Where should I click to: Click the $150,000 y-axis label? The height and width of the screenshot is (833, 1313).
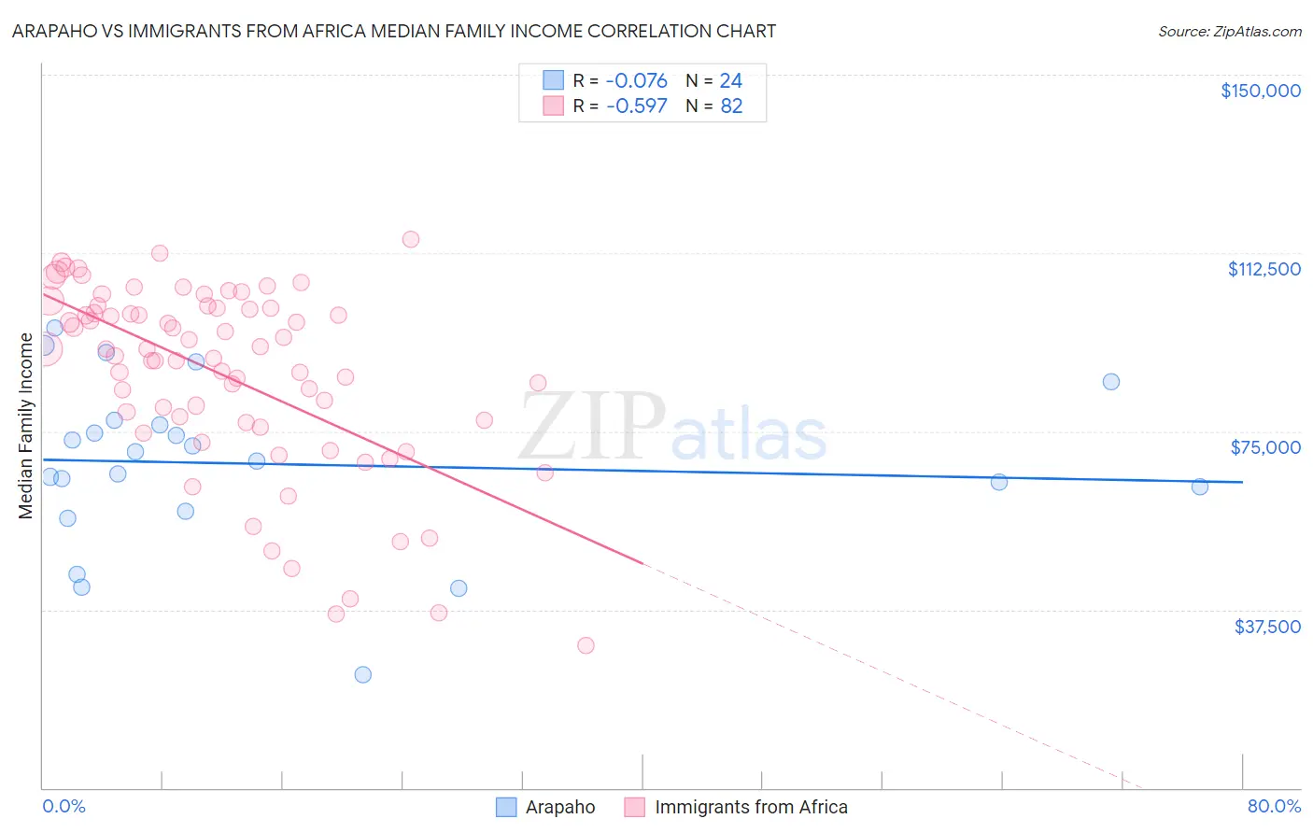[1260, 91]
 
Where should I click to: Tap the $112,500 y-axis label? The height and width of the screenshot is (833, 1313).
[1264, 269]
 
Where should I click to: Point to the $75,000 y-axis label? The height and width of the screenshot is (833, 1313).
[1265, 447]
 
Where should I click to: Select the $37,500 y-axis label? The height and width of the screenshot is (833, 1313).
[1267, 626]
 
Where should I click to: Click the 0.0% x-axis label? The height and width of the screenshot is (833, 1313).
[64, 806]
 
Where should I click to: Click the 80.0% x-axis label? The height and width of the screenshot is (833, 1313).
[1274, 806]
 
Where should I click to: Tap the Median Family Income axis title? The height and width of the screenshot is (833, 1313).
[26, 426]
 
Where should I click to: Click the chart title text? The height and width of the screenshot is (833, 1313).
[394, 31]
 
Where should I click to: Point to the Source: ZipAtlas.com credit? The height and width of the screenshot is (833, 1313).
[1229, 31]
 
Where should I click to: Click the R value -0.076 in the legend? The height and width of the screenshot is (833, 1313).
[636, 81]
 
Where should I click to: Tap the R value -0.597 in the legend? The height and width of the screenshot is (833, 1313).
[636, 106]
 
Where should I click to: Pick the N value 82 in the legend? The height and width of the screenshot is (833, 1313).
[731, 106]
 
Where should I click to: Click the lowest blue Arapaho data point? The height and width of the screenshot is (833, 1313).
[363, 674]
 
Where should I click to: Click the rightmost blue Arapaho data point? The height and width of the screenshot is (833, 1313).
[1200, 487]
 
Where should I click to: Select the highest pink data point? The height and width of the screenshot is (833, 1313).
[411, 239]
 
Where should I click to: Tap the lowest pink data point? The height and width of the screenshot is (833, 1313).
[586, 645]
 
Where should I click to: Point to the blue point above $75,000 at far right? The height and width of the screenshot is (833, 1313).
[1110, 381]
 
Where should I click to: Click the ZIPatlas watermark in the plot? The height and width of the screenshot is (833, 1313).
[672, 428]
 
